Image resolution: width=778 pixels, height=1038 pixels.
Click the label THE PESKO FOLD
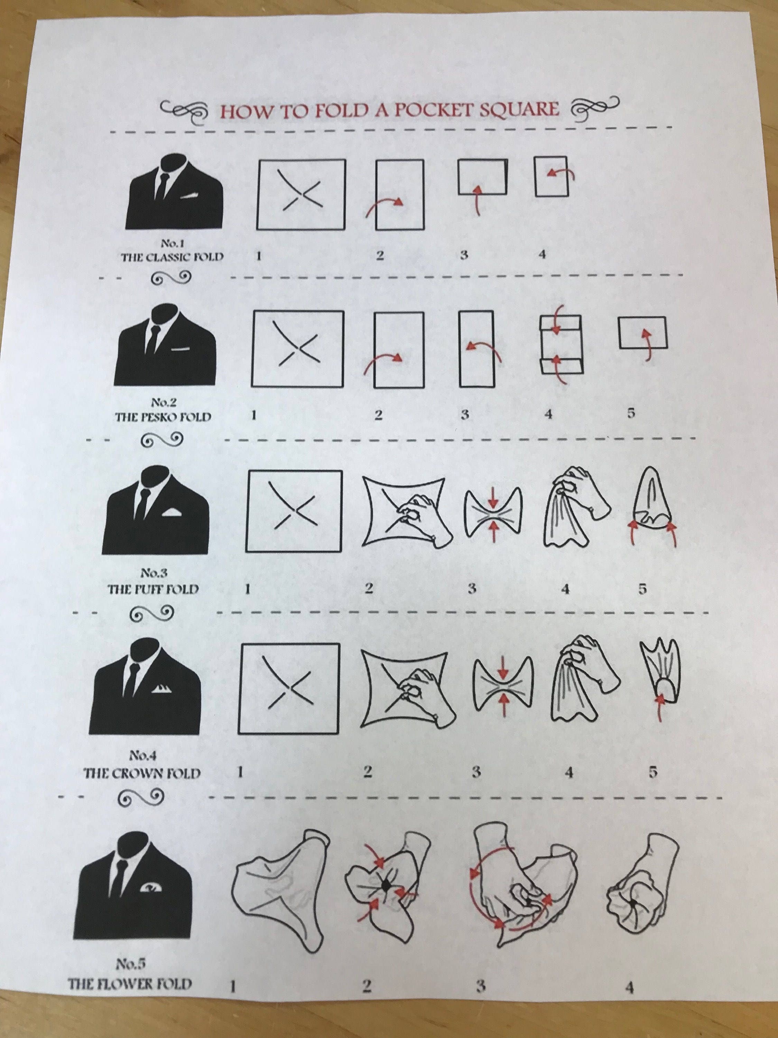pyautogui.click(x=163, y=417)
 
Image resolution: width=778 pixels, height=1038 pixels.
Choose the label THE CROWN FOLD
pyautogui.click(x=142, y=773)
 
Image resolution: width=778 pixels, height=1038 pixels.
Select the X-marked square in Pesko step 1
pyautogui.click(x=297, y=349)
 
